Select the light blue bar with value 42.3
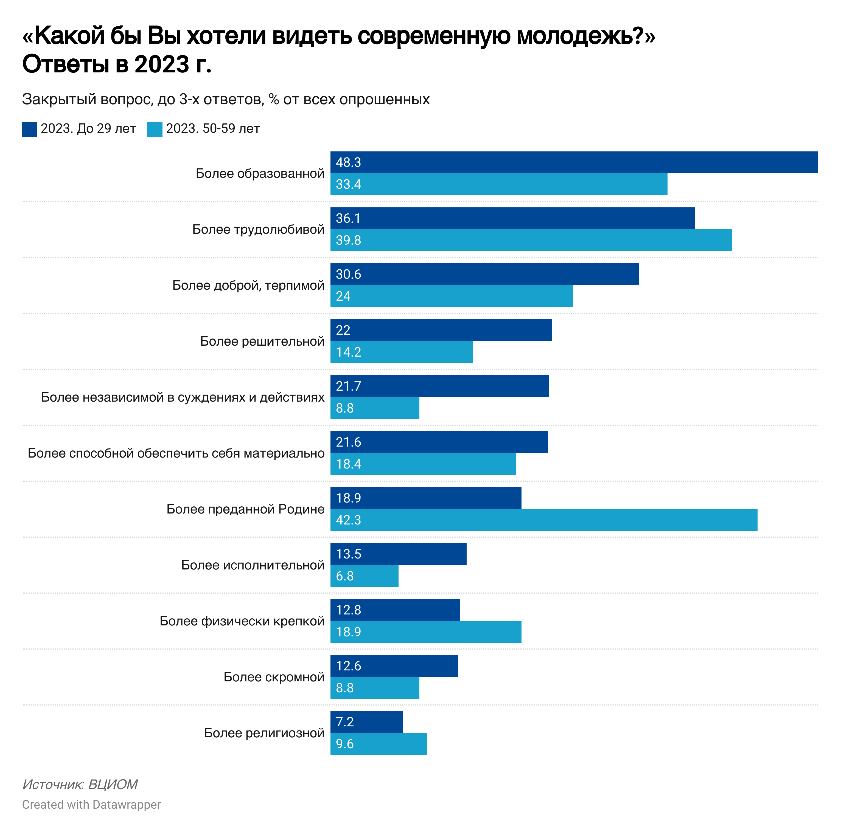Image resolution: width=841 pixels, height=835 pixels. point(544,520)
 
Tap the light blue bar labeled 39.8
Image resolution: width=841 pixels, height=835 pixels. point(531,241)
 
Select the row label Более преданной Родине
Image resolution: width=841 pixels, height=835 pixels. point(245,509)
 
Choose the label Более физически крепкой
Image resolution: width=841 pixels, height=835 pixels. point(242,621)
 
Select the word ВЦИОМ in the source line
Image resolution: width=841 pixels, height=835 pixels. point(113,785)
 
